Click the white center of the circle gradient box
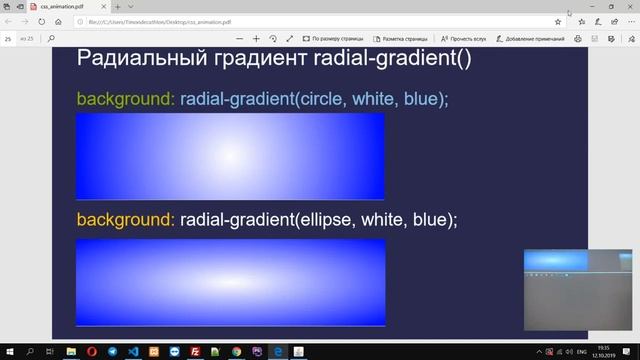230,156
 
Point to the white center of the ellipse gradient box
230,282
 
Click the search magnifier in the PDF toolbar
50,39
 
